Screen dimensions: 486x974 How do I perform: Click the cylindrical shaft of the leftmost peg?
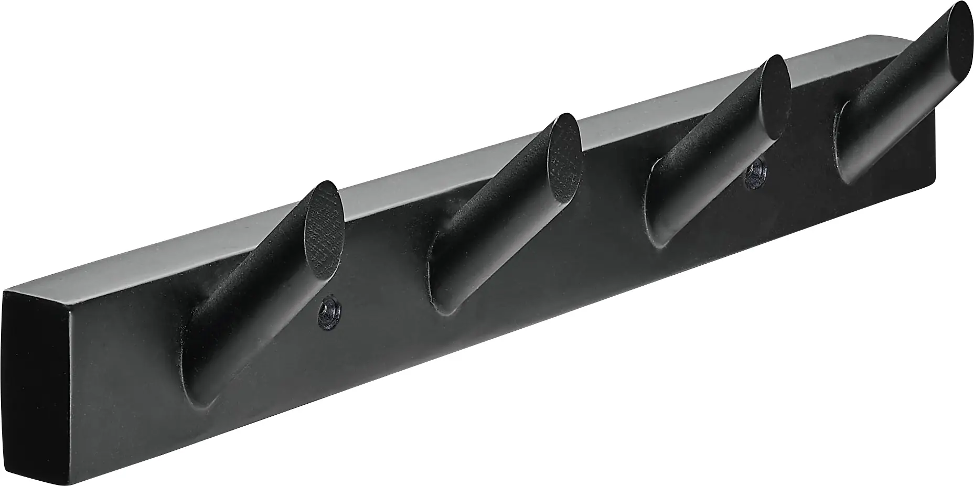(252, 294)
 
